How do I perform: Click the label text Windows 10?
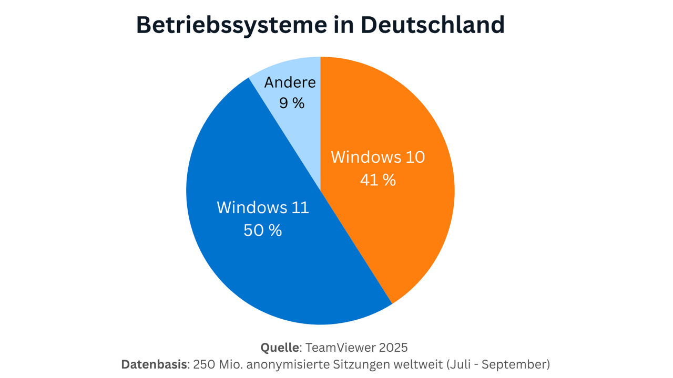(x=378, y=157)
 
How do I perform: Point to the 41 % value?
(x=378, y=180)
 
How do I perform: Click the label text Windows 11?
(x=263, y=207)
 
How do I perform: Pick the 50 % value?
(x=263, y=230)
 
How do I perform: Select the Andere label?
(x=290, y=82)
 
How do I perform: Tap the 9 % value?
(x=292, y=103)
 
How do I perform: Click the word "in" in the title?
(x=351, y=25)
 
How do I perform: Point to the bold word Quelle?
(x=280, y=347)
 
